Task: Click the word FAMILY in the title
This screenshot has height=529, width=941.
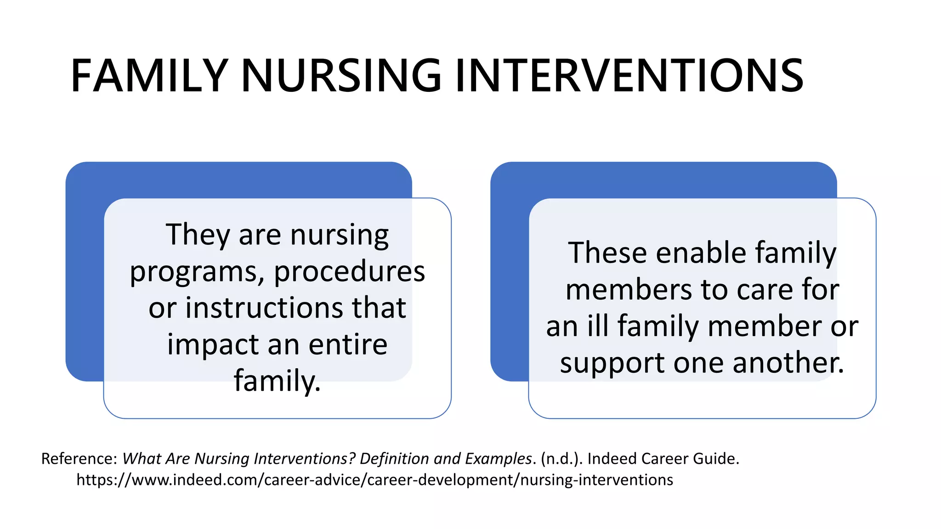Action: (x=149, y=76)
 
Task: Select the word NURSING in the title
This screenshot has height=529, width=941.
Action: (x=341, y=76)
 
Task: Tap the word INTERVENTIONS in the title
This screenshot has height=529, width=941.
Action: (x=629, y=76)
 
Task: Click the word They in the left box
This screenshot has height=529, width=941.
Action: (x=198, y=235)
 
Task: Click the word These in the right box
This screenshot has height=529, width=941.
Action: (x=607, y=253)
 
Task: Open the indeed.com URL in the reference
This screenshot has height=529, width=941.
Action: (x=374, y=480)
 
